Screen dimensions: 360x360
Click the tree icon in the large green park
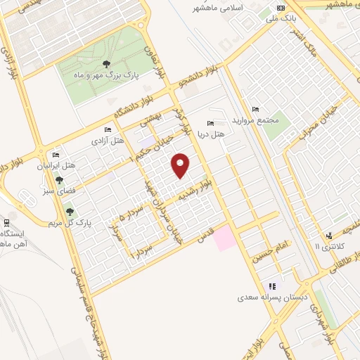[x=106, y=64]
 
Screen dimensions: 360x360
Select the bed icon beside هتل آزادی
[x=107, y=130]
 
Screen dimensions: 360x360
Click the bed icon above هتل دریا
[x=212, y=124]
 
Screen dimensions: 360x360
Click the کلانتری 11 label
[x=328, y=246]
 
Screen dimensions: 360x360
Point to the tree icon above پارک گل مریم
[x=70, y=211]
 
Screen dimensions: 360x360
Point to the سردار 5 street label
[x=131, y=210]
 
